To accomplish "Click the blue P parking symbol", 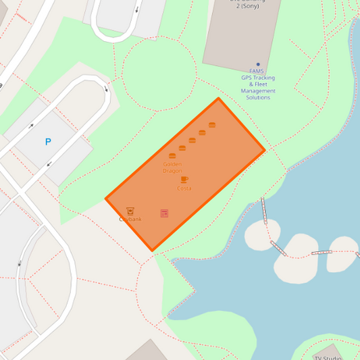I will coord(48,142).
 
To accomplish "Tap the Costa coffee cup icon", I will coord(184,180).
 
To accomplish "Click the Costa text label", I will coord(184,188).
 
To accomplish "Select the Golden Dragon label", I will coord(172,168).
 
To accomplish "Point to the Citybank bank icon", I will coord(130,211).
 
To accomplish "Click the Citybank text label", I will coord(130,220).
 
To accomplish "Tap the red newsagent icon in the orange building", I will coord(164,213).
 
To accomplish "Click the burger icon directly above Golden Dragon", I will coord(172,156).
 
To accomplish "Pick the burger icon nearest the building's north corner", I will coord(212,125).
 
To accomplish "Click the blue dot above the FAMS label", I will coord(257,65).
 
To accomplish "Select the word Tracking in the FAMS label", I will coord(265,78).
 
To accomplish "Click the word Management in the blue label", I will coord(258,91).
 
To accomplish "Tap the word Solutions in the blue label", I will coord(258,98).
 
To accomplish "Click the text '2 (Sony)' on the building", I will coord(244,6).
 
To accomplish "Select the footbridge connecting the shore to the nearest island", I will coord(265,210).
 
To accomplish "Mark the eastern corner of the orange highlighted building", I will coord(264,150).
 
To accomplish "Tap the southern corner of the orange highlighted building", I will coord(152,251).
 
